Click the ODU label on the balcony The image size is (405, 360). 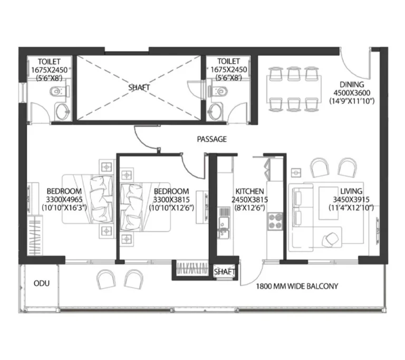click(x=42, y=283)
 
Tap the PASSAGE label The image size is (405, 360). click(x=212, y=139)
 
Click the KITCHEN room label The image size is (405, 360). click(x=249, y=192)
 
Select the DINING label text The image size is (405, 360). click(x=352, y=84)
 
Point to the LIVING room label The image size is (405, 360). click(x=351, y=191)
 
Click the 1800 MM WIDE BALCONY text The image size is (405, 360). click(x=297, y=286)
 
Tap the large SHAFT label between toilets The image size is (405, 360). click(x=139, y=88)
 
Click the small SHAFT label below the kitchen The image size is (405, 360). click(x=225, y=272)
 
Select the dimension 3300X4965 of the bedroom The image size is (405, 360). click(x=64, y=200)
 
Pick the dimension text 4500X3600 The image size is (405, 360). click(x=352, y=92)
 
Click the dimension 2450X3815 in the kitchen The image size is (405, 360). click(x=249, y=200)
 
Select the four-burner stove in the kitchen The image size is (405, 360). click(x=275, y=221)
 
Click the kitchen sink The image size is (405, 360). click(x=224, y=223)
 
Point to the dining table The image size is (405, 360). click(x=294, y=89)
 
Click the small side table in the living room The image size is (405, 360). click(x=296, y=173)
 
